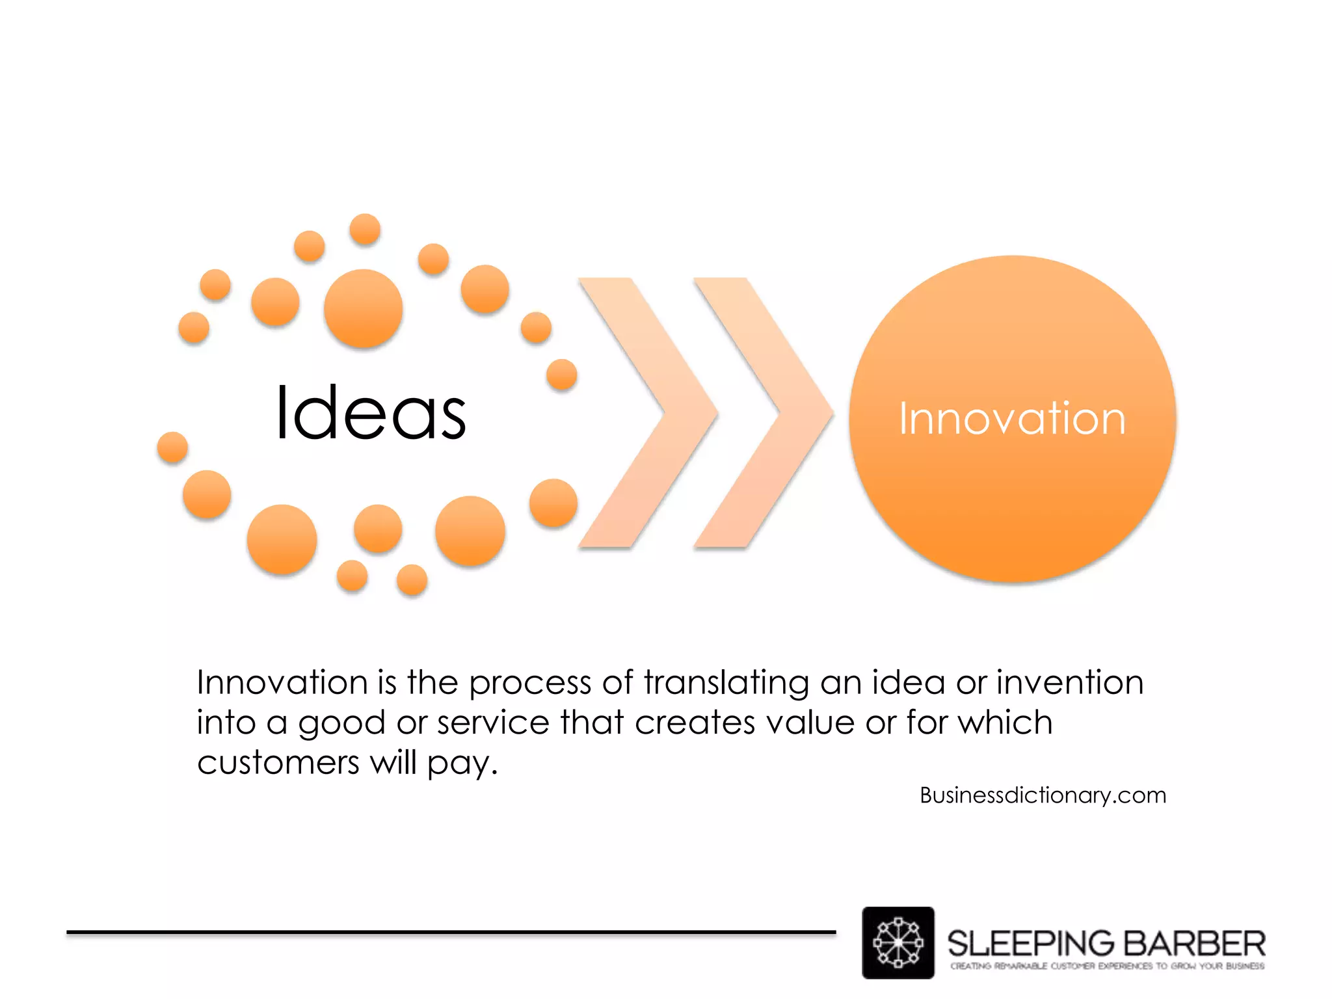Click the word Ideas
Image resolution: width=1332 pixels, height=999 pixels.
[371, 413]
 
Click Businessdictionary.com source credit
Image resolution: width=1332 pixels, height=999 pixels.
[1043, 795]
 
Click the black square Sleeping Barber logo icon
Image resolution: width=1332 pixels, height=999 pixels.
[898, 942]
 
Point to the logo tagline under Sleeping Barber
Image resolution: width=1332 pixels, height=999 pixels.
[1107, 966]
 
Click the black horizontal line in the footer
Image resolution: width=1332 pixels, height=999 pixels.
[451, 932]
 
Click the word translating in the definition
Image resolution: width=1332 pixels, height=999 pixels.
[726, 684]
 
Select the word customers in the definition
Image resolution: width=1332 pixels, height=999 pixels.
[278, 762]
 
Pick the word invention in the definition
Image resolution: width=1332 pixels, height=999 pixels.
[1070, 682]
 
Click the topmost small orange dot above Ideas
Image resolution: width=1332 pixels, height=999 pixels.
[365, 229]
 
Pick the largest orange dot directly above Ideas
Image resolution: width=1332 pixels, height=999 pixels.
[363, 308]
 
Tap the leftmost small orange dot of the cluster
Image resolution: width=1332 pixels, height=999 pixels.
[172, 447]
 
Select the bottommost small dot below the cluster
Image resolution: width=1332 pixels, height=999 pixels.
[412, 580]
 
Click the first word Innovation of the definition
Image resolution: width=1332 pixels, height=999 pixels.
[282, 682]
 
